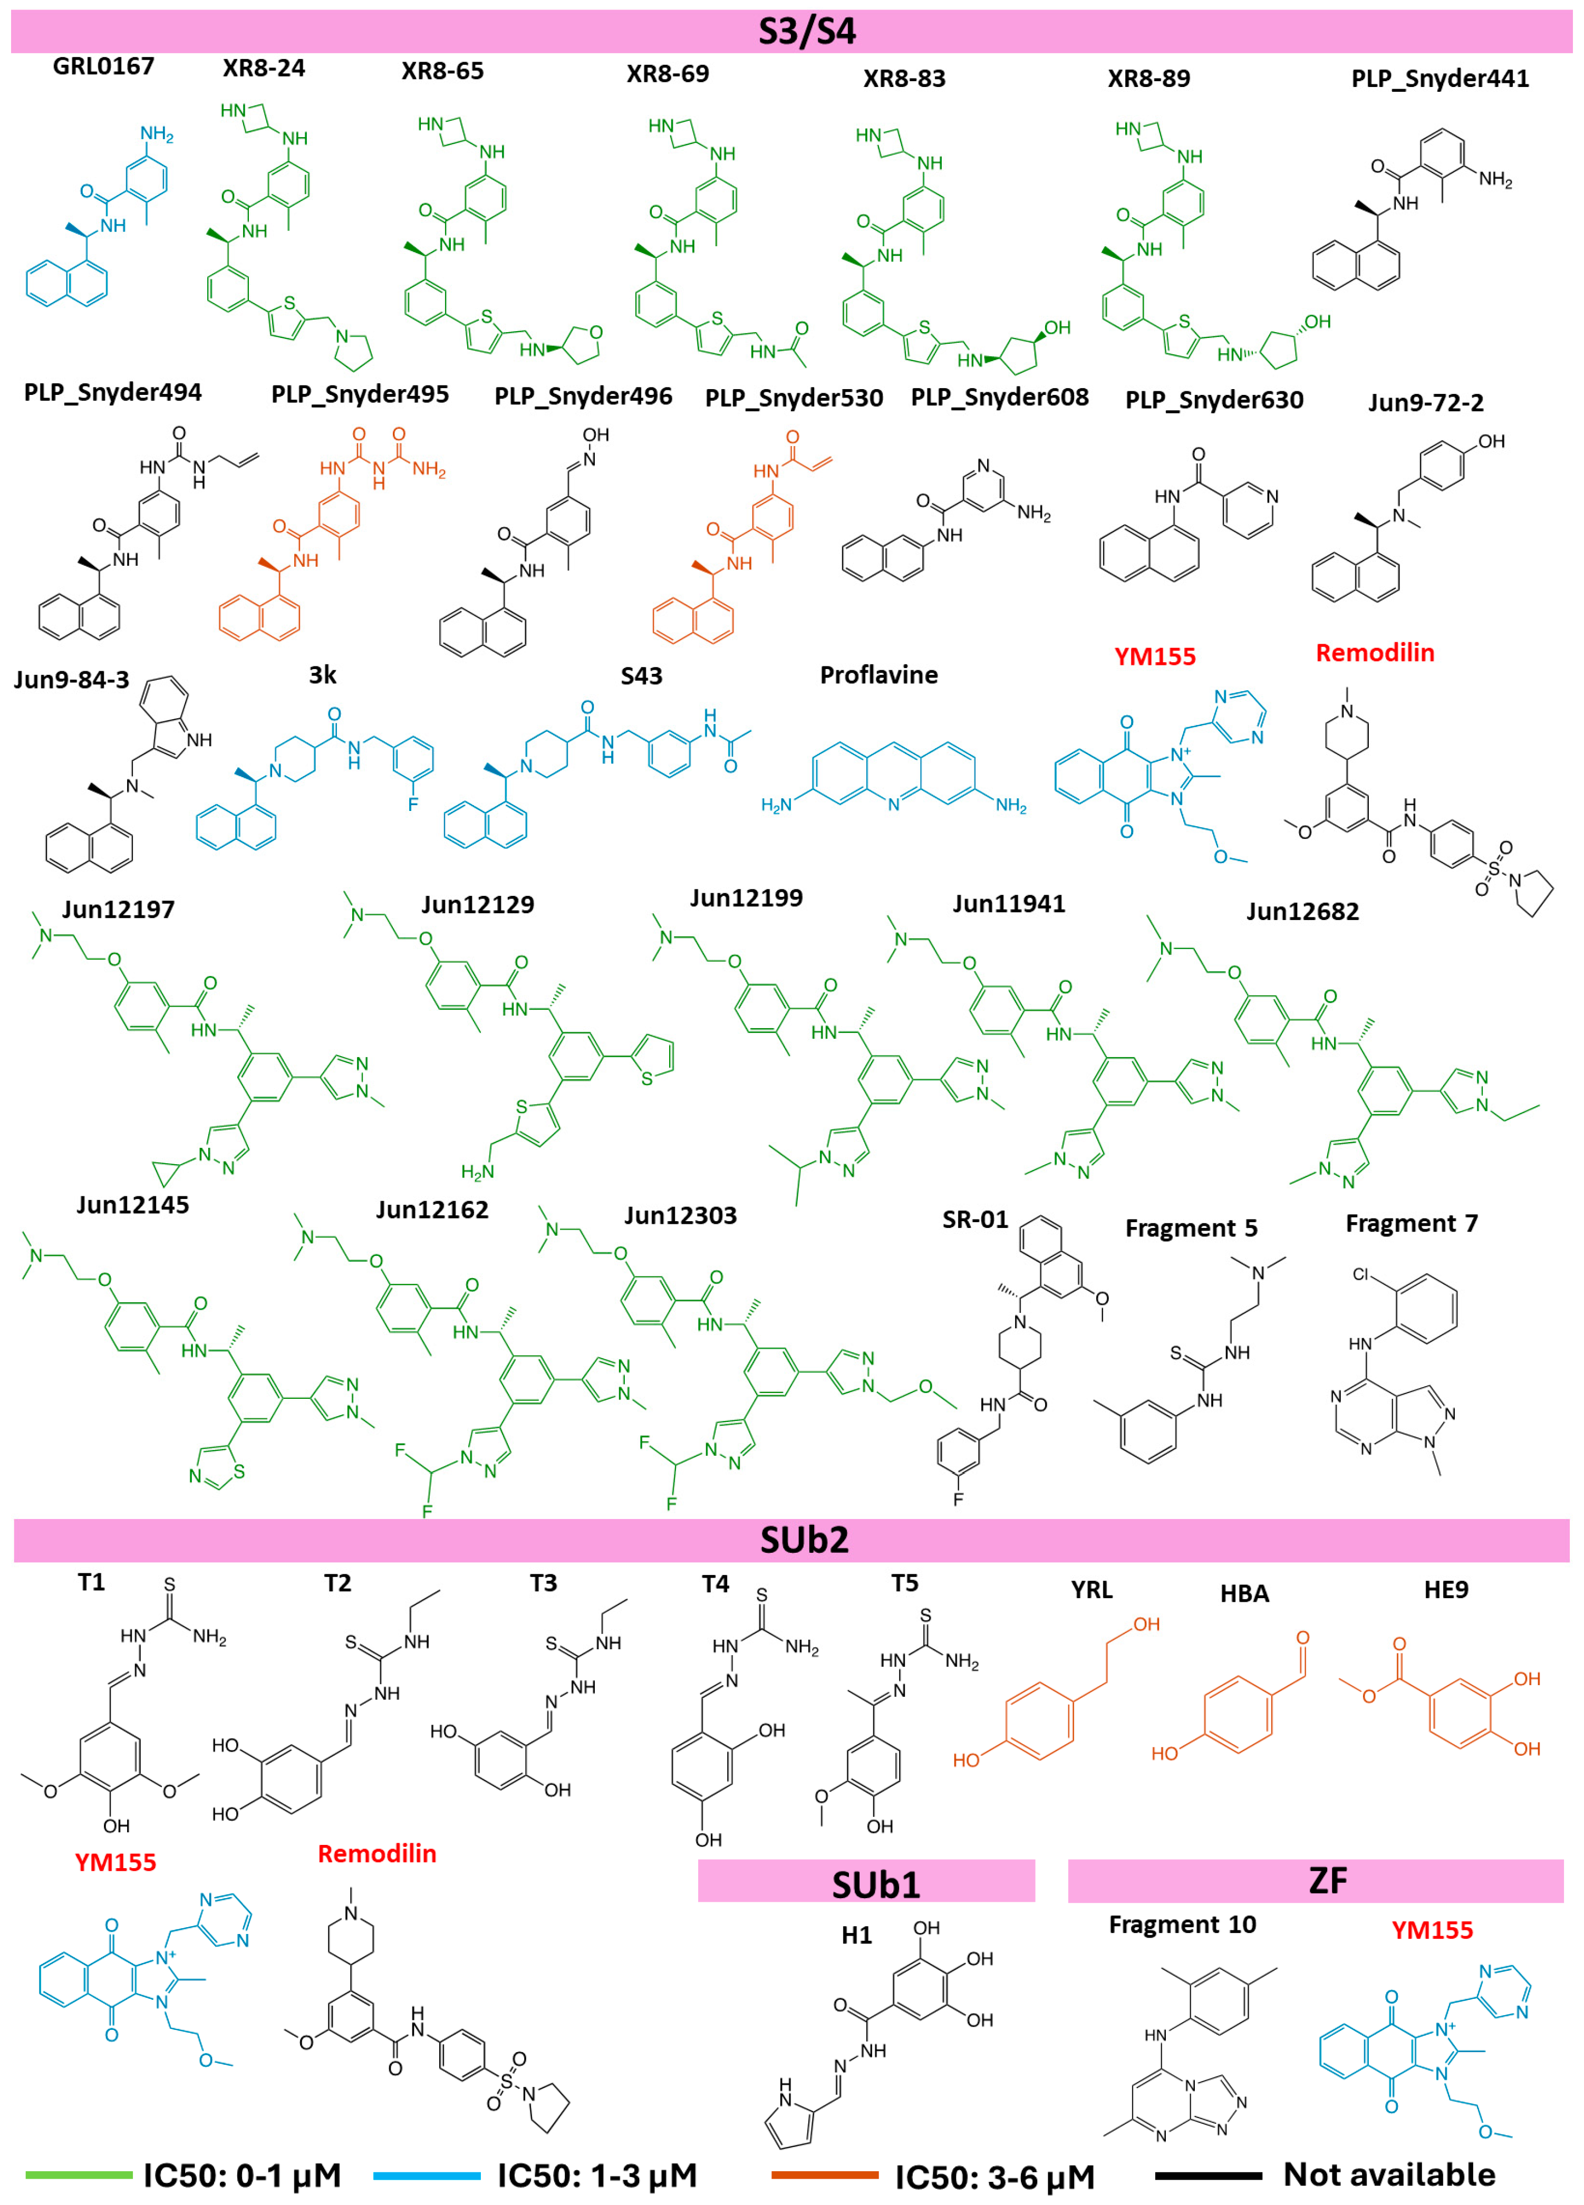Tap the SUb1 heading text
875,1884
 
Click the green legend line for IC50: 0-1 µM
78,2175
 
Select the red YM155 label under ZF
1431,1930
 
